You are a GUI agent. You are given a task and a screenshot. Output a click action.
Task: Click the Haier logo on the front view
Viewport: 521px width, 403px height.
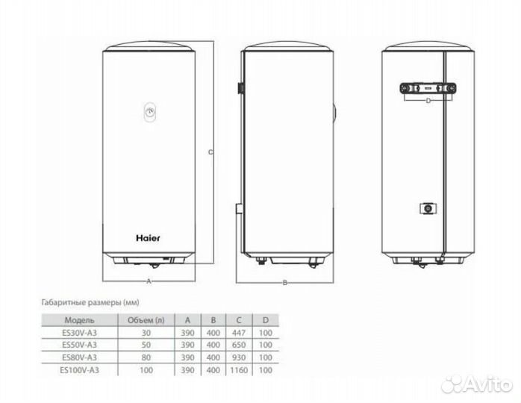148,238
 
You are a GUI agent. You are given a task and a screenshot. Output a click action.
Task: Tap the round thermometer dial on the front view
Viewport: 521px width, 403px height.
151,111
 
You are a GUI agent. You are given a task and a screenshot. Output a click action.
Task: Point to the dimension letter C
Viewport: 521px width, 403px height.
210,152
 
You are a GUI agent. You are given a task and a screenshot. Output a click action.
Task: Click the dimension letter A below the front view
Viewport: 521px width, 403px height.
149,281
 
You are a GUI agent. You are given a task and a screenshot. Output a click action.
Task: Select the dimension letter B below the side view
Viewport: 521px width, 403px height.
284,283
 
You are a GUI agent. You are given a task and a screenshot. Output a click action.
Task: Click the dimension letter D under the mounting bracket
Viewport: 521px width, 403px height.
428,100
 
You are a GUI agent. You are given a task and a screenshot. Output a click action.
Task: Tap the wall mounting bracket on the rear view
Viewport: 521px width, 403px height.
428,88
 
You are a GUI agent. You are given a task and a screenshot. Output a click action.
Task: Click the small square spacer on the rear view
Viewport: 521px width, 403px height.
428,209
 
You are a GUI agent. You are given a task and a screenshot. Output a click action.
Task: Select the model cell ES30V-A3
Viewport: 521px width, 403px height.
79,333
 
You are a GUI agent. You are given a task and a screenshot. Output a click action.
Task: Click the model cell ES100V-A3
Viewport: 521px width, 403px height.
79,369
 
